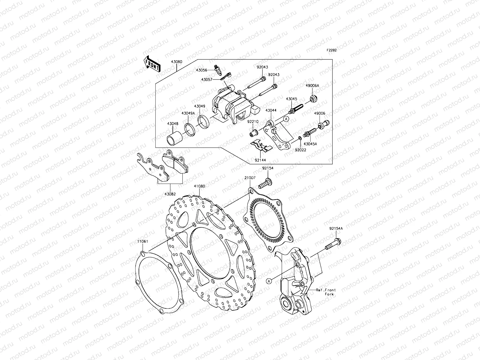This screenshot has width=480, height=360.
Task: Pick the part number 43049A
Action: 188,113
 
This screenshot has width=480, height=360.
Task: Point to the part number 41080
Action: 199,186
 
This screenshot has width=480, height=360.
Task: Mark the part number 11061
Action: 143,241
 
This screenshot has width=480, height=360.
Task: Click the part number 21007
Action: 250,178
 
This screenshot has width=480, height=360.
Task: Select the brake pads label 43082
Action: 170,193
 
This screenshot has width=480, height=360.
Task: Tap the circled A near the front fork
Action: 269,281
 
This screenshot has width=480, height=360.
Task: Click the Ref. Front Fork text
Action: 326,292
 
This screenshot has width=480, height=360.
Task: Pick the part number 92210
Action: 253,122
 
